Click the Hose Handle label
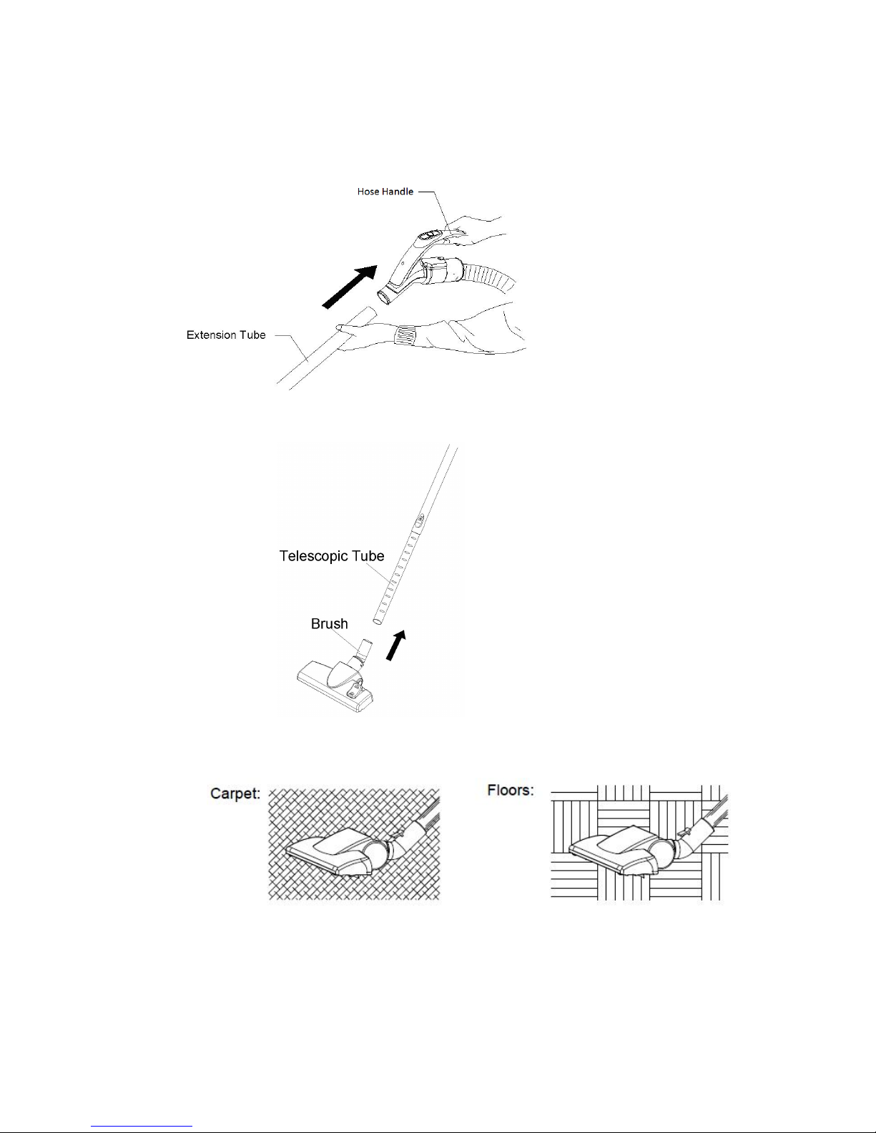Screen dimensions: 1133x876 coord(385,192)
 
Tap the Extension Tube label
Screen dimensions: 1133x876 coord(226,335)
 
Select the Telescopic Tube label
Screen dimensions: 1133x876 coord(331,555)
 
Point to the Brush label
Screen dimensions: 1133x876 coord(329,624)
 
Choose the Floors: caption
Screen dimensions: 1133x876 coord(511,791)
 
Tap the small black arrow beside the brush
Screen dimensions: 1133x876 coord(395,645)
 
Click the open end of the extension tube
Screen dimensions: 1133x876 coord(365,314)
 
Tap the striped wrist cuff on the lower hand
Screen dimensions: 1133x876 coord(408,333)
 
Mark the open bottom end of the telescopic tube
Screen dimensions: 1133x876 coord(377,623)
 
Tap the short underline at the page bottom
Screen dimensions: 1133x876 coord(142,1127)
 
